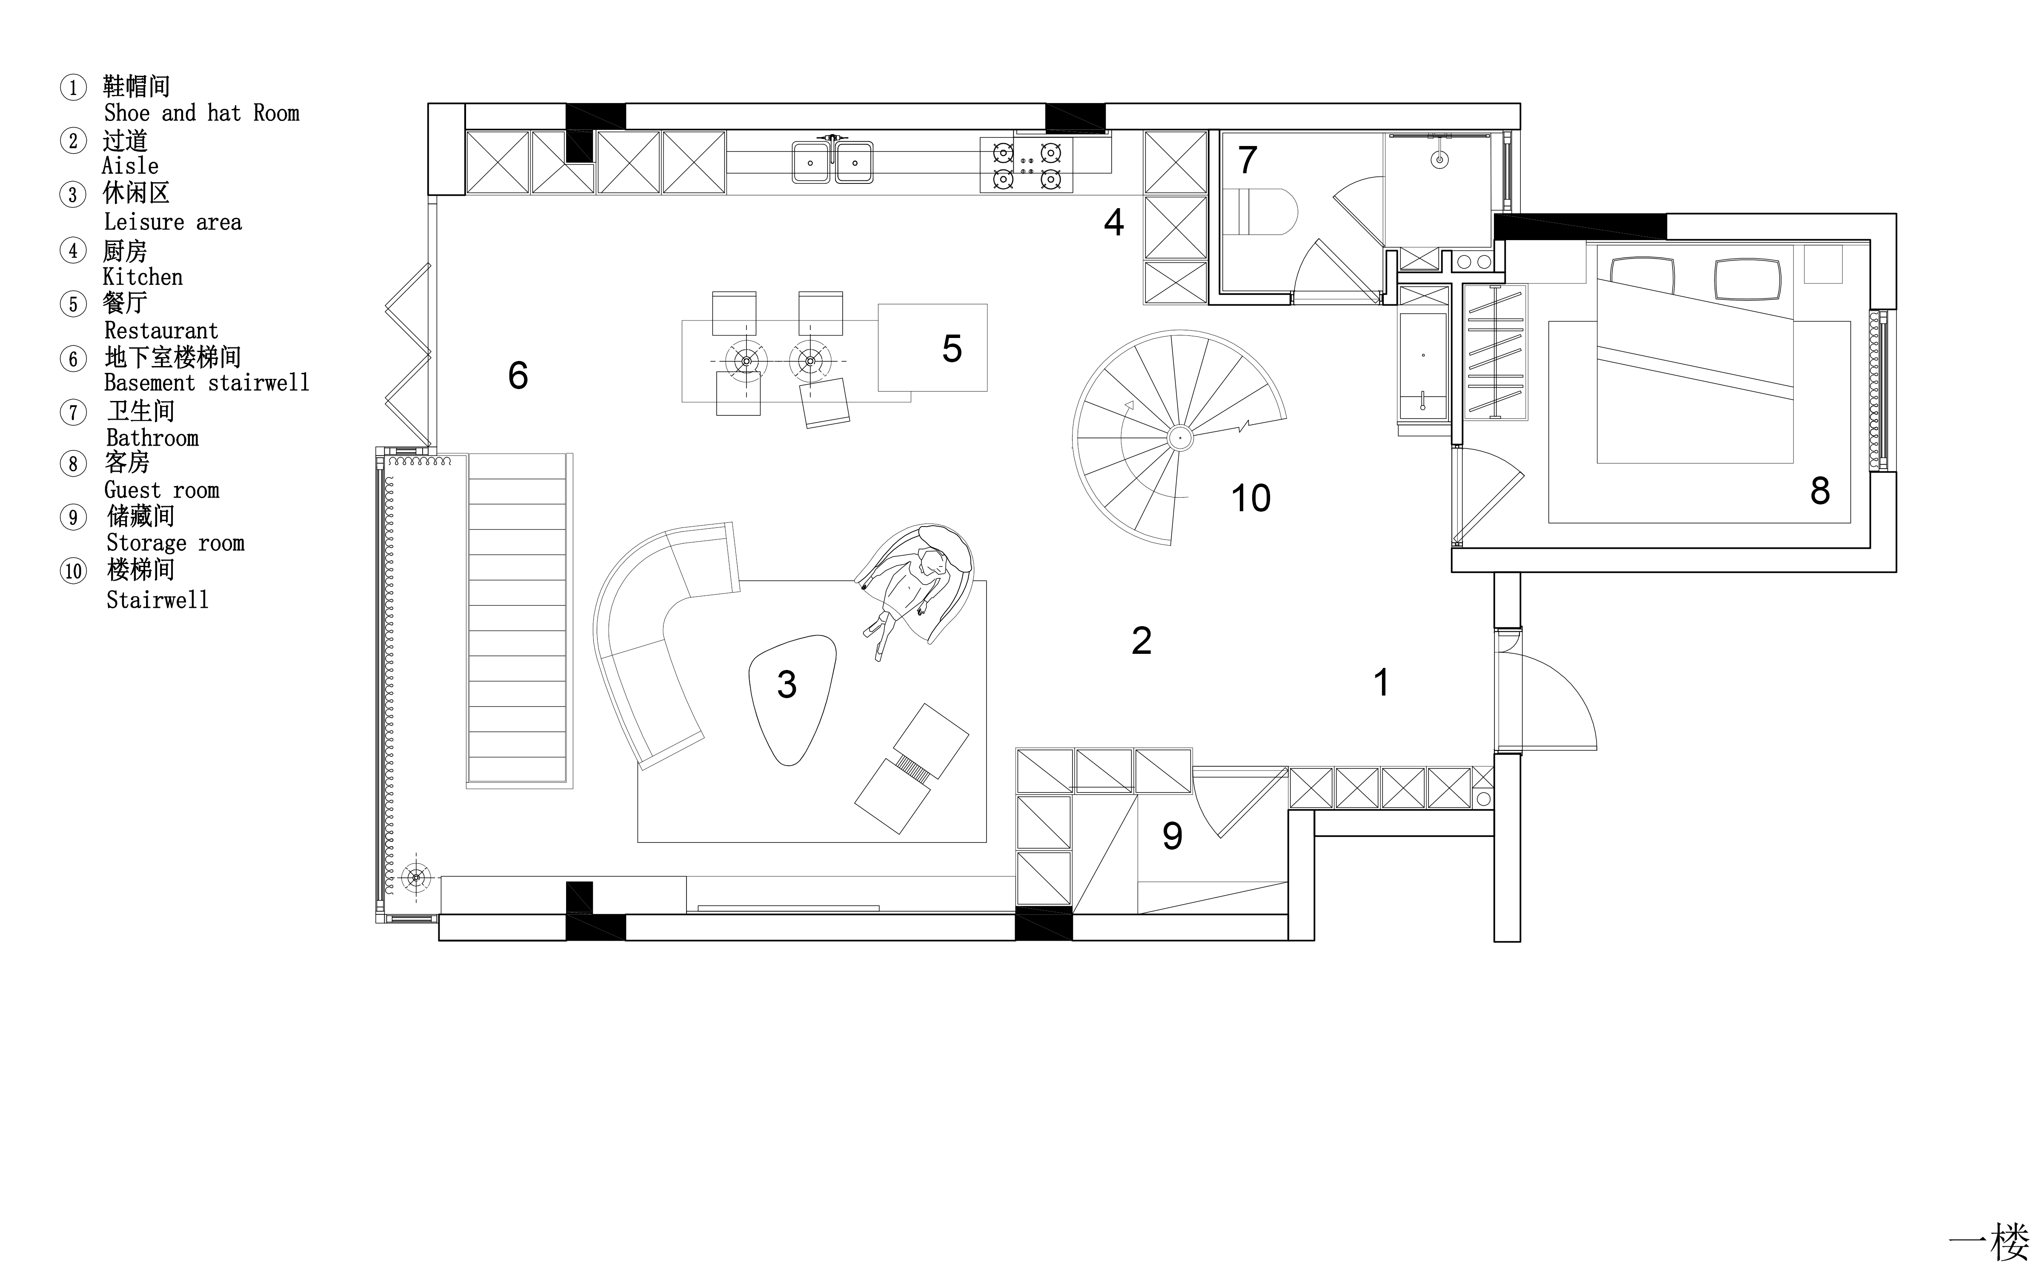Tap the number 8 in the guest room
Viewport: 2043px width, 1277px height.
click(x=1820, y=491)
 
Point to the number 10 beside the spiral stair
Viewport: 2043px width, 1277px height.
click(x=1250, y=498)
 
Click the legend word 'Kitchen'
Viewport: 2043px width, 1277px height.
click(x=143, y=277)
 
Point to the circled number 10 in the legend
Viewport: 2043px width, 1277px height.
click(x=74, y=571)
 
